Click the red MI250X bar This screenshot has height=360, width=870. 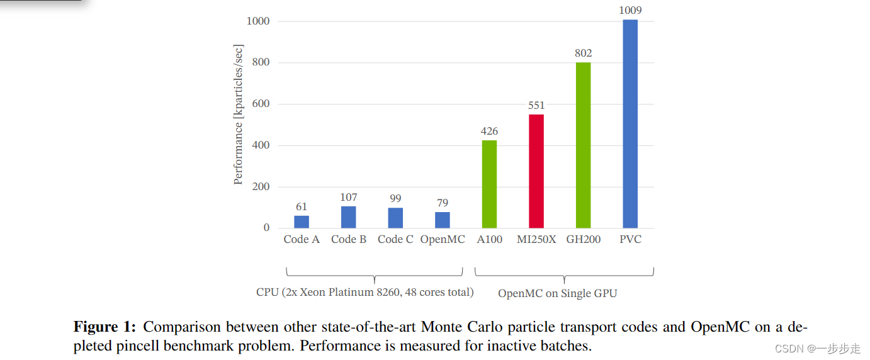click(536, 171)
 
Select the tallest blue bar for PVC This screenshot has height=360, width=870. click(630, 124)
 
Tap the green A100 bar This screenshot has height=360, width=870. click(489, 184)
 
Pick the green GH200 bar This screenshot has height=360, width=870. click(583, 145)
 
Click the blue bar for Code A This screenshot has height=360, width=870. click(302, 222)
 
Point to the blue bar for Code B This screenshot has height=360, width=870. click(349, 217)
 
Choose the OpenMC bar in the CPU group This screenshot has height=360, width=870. click(443, 220)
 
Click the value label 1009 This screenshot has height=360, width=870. click(630, 11)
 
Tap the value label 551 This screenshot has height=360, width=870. click(536, 105)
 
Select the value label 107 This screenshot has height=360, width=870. click(349, 197)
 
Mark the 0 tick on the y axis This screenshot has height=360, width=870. click(266, 228)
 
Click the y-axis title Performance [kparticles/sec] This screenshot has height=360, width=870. click(238, 115)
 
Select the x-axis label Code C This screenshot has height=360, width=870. click(395, 240)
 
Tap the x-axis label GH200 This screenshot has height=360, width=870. click(583, 240)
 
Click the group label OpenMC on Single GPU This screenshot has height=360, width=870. click(557, 293)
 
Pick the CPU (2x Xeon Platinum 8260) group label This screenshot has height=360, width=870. click(365, 293)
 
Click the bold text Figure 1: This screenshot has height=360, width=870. click(105, 327)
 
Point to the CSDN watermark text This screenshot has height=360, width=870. click(817, 349)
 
